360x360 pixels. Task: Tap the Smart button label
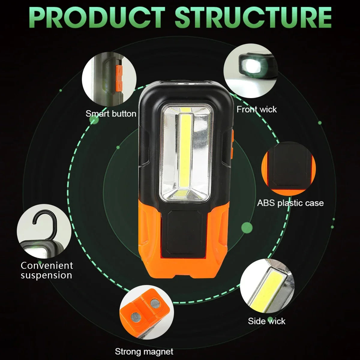coord(111,114)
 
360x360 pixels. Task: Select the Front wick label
coord(256,109)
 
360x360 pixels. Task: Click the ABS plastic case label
coord(290,203)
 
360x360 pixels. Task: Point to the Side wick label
coord(266,321)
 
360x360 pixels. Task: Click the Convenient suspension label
coord(46,270)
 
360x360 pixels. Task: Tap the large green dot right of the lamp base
coord(247,227)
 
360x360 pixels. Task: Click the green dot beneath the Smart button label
coord(94,121)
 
